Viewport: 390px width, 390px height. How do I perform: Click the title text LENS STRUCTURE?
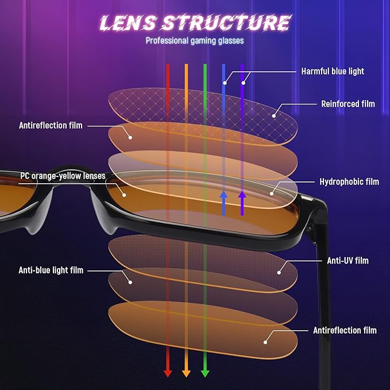coord(195,22)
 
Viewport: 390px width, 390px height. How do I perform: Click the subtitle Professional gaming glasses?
coord(195,41)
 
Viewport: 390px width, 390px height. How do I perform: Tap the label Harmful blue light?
coord(333,71)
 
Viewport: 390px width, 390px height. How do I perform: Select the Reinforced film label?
coord(347,104)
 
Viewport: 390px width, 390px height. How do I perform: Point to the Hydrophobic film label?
coord(349,182)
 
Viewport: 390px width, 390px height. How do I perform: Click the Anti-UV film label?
coord(347,260)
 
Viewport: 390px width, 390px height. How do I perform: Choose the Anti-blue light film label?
coord(51,270)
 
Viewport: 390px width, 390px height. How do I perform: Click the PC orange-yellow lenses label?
coord(63,176)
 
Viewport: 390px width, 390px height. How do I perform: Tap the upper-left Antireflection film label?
coord(51,125)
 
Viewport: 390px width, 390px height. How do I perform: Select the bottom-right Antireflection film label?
coord(345,330)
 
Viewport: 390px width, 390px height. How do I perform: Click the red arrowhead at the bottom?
coord(168,373)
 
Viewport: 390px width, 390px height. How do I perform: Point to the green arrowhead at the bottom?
coord(204,373)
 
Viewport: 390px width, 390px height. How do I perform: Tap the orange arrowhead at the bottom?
coord(186,373)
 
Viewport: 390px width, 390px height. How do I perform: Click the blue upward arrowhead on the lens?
coord(223,196)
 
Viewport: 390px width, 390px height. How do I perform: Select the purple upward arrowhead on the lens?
coord(242,196)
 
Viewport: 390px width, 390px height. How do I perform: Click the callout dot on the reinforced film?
coord(275,115)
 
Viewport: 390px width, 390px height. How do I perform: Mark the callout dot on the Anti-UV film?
coord(281,272)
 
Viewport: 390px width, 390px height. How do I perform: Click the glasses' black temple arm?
coord(325,299)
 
